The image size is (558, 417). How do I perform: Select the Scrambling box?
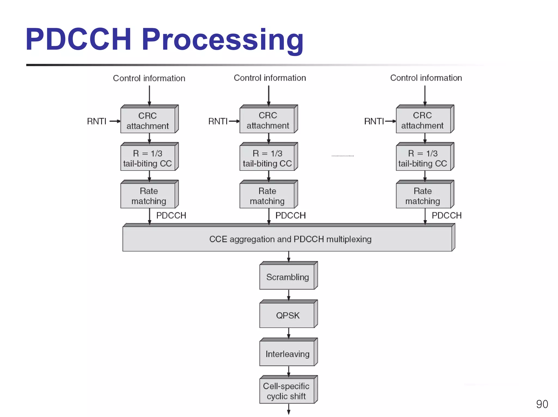(287, 277)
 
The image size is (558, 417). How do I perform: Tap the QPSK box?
(287, 315)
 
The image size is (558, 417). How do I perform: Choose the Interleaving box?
(287, 354)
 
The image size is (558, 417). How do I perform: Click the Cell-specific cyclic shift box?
(287, 391)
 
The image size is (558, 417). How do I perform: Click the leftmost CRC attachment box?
(148, 120)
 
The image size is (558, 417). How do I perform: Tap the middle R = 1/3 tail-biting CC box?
(268, 158)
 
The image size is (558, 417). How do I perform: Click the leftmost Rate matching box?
(148, 196)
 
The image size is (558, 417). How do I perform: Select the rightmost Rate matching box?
(423, 196)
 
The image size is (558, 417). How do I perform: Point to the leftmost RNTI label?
(96, 121)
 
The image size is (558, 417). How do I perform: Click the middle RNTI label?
(218, 121)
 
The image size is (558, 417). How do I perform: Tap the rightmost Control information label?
(426, 78)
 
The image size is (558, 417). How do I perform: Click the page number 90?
(542, 404)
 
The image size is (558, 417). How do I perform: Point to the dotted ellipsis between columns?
(342, 156)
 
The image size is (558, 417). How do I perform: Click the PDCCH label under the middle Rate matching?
(290, 215)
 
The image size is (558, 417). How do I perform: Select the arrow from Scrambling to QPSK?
(289, 295)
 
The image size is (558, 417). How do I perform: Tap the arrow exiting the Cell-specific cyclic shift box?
(289, 409)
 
